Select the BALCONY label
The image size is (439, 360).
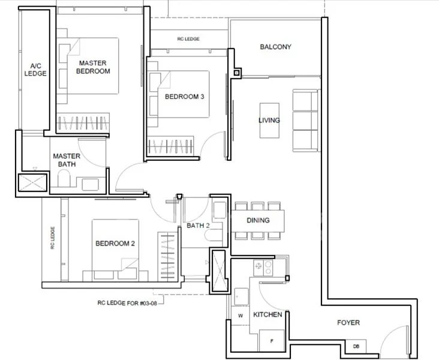[275, 47]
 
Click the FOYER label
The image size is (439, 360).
[348, 323]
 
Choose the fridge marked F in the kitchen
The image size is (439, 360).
[271, 340]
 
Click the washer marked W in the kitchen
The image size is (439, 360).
[241, 314]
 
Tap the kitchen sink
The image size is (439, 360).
[242, 295]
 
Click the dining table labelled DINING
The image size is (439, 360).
[258, 221]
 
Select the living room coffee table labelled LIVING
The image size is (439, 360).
[269, 121]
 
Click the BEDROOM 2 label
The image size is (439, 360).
[115, 244]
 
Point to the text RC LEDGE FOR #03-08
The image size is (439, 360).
[129, 303]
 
